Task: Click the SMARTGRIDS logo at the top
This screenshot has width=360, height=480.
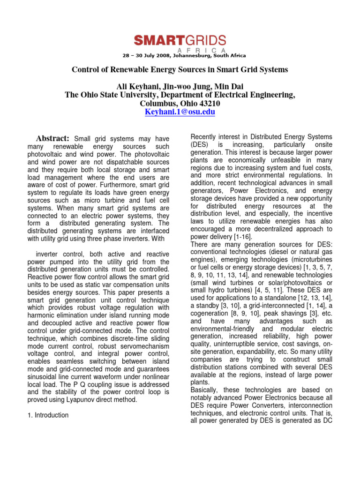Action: click(180, 41)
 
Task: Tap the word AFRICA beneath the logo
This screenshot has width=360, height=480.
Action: click(202, 50)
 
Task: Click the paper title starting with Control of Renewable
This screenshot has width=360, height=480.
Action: click(180, 70)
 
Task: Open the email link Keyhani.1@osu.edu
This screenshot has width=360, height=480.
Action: click(180, 112)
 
